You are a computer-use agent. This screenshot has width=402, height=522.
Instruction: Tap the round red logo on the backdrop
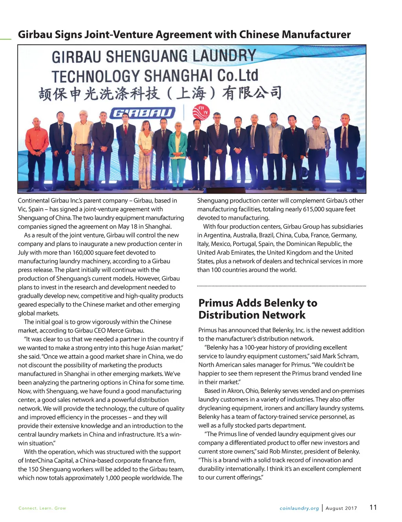(201, 112)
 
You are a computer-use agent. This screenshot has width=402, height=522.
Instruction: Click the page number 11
(373, 507)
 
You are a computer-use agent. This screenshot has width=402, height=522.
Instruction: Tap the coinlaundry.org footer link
(299, 508)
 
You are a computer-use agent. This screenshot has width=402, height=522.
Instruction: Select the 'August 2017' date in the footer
(341, 508)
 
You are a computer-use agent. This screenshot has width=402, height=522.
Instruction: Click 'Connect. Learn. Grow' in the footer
(42, 508)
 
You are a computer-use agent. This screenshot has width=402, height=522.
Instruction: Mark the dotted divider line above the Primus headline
(281, 286)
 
